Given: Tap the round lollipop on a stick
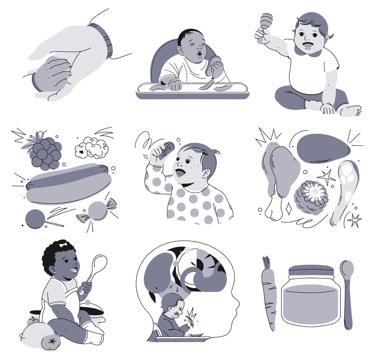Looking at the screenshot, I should point(35,219).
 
